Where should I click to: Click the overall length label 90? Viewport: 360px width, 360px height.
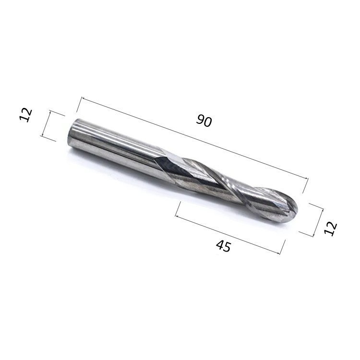[x=204, y=121]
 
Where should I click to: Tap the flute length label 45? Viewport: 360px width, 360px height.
[x=223, y=246]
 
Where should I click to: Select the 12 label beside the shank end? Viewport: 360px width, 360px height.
[x=26, y=115]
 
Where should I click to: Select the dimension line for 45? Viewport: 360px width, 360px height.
[x=228, y=235]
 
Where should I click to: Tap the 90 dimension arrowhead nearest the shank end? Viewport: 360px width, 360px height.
[x=83, y=99]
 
